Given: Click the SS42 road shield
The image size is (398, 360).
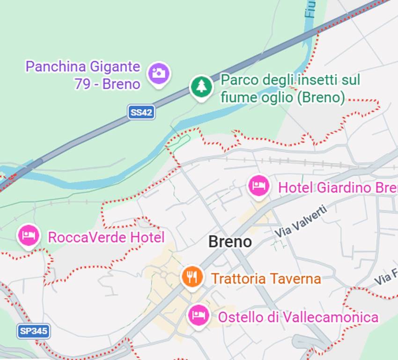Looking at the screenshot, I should (x=141, y=112).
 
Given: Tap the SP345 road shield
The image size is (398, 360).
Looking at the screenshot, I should (x=34, y=331).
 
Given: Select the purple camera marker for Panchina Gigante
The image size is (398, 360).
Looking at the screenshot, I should (x=159, y=74).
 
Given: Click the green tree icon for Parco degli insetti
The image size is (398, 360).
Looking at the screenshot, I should (x=201, y=86).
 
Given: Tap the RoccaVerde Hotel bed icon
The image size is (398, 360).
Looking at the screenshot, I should (x=29, y=235).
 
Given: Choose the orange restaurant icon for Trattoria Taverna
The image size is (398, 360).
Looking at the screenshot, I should (x=192, y=277).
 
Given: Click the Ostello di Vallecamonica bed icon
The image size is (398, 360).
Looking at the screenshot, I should (x=199, y=315).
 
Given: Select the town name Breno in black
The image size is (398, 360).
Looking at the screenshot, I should (x=230, y=242).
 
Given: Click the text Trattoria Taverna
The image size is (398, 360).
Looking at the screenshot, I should (x=266, y=279).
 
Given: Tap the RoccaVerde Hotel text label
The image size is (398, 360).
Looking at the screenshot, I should (x=106, y=237).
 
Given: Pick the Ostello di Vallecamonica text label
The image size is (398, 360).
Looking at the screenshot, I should (x=298, y=317).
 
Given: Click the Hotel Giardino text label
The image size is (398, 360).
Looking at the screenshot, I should (x=337, y=188).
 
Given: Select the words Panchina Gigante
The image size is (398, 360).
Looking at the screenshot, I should (x=83, y=67).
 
